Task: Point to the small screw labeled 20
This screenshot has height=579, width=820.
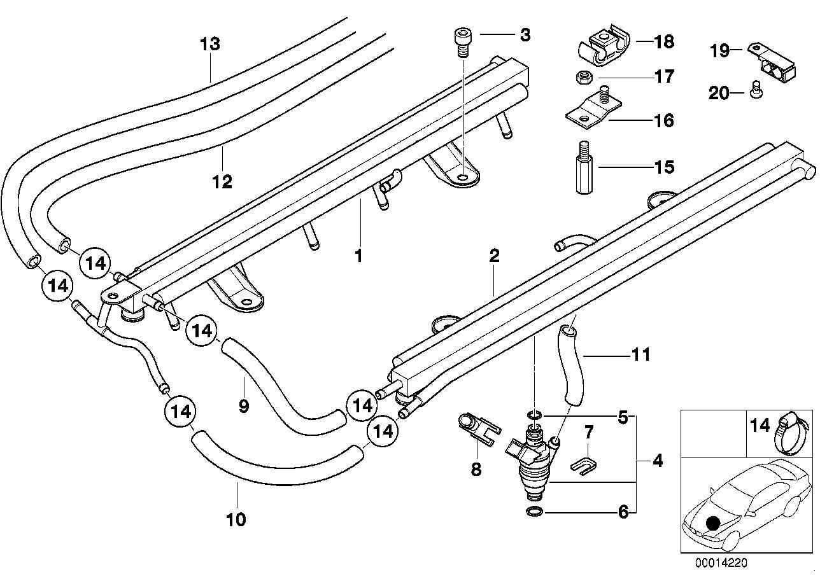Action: click(x=754, y=89)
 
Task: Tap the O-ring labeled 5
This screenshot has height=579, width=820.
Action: click(x=535, y=415)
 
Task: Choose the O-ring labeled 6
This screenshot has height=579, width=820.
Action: click(x=534, y=511)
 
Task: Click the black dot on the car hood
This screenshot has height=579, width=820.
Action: click(x=712, y=523)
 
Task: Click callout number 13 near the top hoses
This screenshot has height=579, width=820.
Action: click(x=210, y=44)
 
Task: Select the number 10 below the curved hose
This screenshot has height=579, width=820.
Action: click(x=236, y=519)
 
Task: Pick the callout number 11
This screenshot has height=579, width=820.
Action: click(x=641, y=354)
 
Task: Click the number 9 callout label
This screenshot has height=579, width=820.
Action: click(x=244, y=406)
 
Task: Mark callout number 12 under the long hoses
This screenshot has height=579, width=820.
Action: click(x=222, y=181)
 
